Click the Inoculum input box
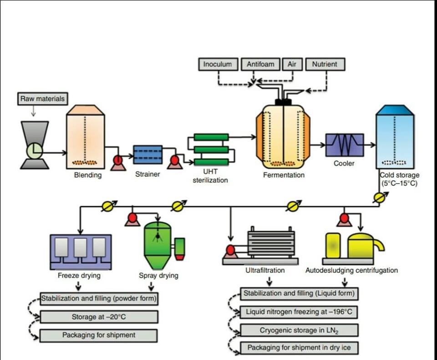tap(217, 64)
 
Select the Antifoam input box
tap(260, 64)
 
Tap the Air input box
tap(292, 64)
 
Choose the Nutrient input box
tap(325, 64)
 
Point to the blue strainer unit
tap(147, 154)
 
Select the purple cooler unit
tap(344, 145)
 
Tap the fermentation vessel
tap(283, 137)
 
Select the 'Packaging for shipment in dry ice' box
tap(299, 348)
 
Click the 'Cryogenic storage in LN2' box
tap(299, 330)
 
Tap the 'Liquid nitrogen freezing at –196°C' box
tap(299, 312)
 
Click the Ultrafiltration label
tap(265, 270)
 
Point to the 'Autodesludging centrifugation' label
tap(351, 270)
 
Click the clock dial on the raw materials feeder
tap(35, 150)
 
